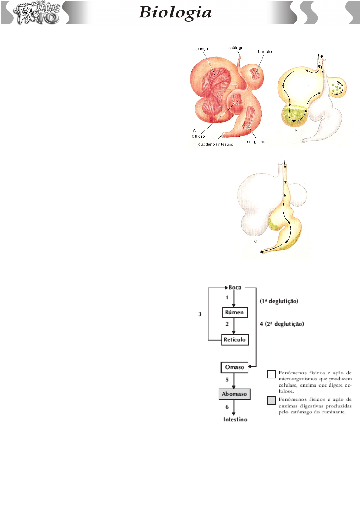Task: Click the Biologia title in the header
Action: (175, 13)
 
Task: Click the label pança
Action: (202, 49)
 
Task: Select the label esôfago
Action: (235, 48)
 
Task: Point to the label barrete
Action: (265, 52)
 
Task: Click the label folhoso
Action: (198, 136)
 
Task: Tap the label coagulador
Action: (258, 142)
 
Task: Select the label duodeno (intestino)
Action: (216, 144)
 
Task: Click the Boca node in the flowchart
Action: (235, 288)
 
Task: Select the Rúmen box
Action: (234, 312)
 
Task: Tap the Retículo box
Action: (234, 340)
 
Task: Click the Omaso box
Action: (234, 367)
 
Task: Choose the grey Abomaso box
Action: (234, 394)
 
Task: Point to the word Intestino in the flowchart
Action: (235, 420)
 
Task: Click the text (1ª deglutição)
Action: (279, 301)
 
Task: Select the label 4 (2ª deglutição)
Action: (282, 324)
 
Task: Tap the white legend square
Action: (272, 374)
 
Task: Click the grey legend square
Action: (272, 400)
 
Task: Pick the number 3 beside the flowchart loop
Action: (200, 314)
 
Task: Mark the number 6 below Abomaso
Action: (227, 407)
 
